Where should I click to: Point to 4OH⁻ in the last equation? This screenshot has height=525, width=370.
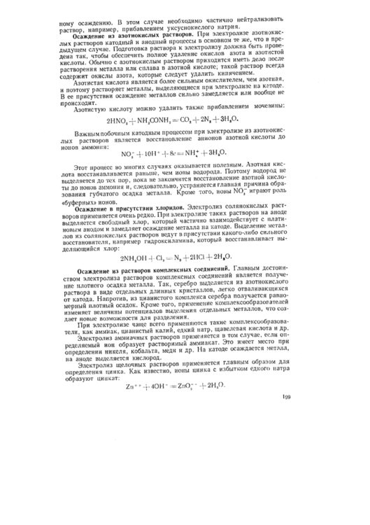pyautogui.click(x=171, y=464)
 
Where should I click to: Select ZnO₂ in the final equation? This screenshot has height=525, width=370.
pyautogui.click(x=209, y=464)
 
